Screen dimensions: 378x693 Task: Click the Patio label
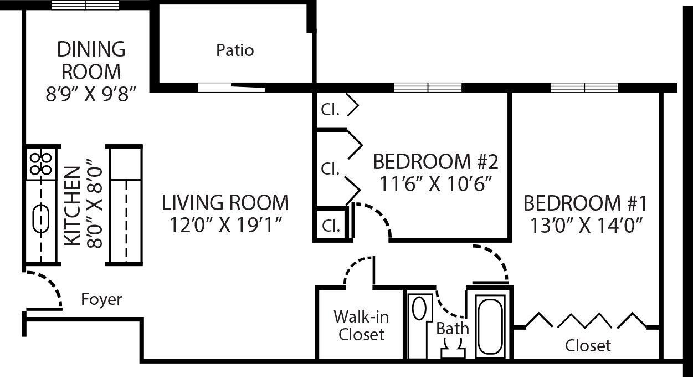pos(235,50)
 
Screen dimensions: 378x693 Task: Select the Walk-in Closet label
pos(361,326)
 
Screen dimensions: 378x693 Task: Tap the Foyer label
pos(101,300)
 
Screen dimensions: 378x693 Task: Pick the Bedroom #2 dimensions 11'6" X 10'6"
pos(436,183)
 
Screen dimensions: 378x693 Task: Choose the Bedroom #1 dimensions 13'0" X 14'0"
pos(585,226)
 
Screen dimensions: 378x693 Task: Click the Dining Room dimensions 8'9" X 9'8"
pos(91,94)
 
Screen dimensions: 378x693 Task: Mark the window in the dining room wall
pos(85,6)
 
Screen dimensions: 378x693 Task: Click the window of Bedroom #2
pos(428,88)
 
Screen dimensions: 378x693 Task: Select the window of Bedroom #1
pos(584,88)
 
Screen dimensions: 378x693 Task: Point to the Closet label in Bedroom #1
pos(588,346)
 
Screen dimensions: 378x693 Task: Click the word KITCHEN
pos(73,206)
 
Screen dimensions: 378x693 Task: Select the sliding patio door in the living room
pos(231,88)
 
